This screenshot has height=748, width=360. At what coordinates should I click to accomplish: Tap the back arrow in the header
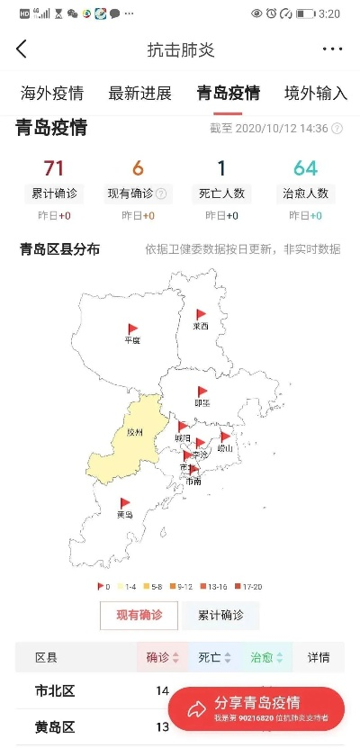click(22, 50)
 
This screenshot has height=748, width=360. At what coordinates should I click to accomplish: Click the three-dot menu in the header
click(332, 50)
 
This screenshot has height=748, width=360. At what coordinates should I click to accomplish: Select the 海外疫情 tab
click(52, 94)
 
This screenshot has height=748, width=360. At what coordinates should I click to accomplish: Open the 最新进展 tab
click(139, 94)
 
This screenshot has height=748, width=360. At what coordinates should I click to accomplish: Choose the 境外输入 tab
click(314, 94)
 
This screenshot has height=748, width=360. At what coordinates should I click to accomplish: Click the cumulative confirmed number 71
click(54, 168)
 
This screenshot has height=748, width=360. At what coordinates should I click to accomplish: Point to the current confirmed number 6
click(138, 168)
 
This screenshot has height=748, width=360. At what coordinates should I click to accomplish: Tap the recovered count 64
click(305, 168)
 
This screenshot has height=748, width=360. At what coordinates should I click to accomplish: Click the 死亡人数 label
click(220, 192)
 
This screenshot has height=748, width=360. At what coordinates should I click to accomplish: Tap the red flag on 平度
click(133, 329)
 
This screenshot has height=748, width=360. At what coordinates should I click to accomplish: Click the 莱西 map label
click(200, 327)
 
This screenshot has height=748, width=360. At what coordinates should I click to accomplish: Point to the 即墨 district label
click(202, 402)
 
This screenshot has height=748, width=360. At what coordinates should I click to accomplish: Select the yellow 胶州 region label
click(134, 433)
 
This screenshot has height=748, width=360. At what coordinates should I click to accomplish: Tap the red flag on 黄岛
click(126, 502)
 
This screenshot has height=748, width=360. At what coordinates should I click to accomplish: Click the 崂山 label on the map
click(225, 447)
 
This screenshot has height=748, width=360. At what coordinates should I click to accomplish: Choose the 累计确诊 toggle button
click(220, 615)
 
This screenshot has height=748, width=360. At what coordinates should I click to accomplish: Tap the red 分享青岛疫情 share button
click(256, 708)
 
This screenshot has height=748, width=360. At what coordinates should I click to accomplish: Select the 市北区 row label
click(55, 691)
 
